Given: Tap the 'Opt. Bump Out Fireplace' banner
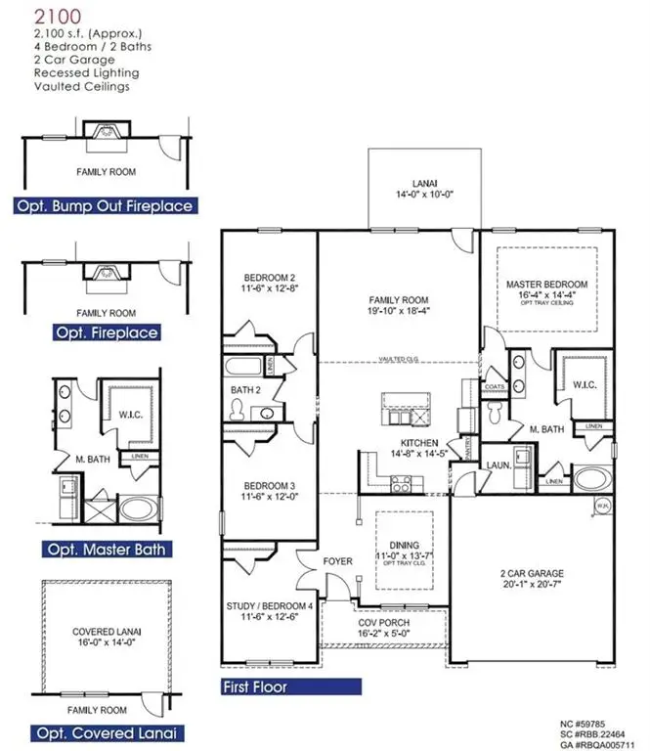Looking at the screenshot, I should (104, 205).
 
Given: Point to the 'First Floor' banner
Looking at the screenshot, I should (257, 686).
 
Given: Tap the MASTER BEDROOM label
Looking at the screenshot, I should (544, 284).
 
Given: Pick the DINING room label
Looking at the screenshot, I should (403, 545).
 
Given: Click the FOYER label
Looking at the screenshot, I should (338, 561).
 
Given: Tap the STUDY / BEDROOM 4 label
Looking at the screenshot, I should (270, 606).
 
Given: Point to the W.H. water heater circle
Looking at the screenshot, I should (603, 506).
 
